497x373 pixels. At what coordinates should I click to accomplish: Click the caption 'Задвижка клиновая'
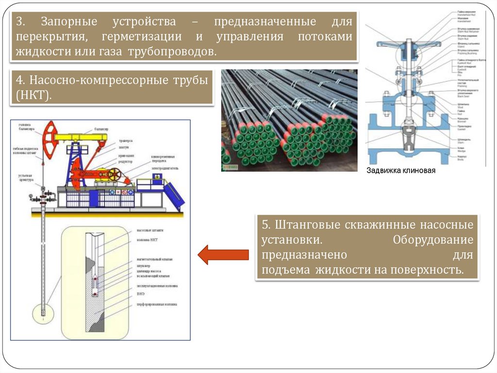coord(401,171)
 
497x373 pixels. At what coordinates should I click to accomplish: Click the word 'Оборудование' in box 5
coord(433,240)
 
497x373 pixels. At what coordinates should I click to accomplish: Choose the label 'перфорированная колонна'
coord(156,304)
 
